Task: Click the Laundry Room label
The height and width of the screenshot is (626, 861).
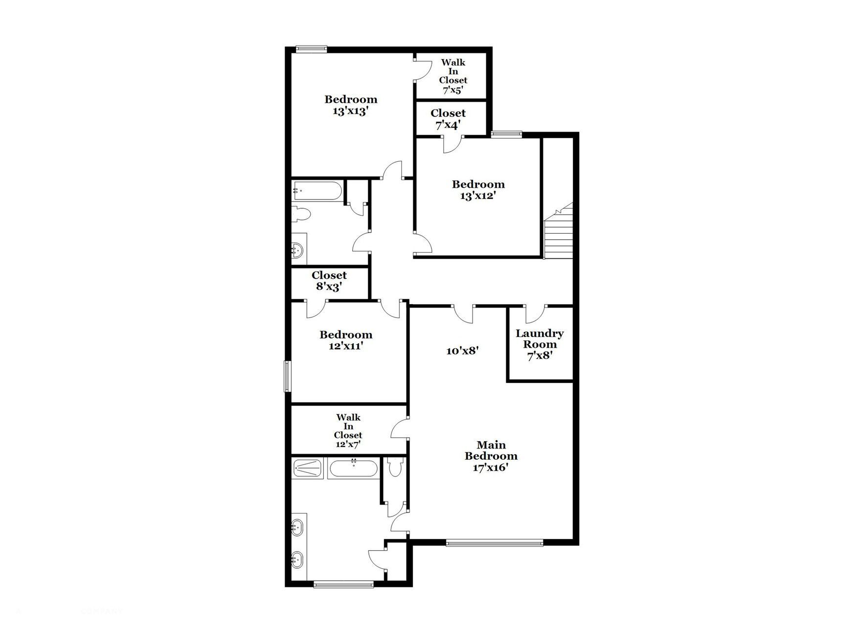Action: tap(540, 344)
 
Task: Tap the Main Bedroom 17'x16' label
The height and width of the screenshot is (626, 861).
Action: tap(491, 456)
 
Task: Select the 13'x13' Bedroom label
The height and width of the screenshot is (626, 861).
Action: tap(351, 105)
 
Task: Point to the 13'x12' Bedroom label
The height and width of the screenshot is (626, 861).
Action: tap(478, 190)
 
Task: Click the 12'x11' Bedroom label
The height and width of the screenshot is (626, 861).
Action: tap(346, 340)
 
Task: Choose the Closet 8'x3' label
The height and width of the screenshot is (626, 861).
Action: tap(329, 281)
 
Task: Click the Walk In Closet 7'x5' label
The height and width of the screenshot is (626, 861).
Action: tap(453, 76)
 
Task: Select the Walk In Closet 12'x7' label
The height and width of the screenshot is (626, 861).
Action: tap(348, 430)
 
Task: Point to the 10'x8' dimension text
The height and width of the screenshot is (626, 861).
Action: tap(462, 351)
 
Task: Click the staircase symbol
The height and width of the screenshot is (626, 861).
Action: tap(558, 234)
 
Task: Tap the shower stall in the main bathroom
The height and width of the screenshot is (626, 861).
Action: tap(308, 468)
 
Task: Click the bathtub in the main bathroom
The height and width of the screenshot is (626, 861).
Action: tap(353, 469)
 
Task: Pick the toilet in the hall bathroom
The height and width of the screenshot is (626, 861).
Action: tap(300, 214)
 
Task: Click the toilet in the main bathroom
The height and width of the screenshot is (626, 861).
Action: tap(394, 467)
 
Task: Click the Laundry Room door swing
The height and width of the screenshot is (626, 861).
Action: tap(536, 314)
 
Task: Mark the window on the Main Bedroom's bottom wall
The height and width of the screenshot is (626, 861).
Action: tap(494, 542)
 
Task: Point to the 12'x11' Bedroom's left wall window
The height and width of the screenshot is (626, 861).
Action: tap(288, 376)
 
